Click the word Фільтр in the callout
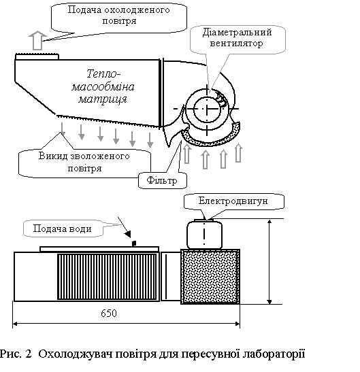[x=162, y=180]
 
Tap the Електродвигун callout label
[x=233, y=201]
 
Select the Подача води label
[x=62, y=229]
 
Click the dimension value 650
[x=109, y=314]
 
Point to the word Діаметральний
[x=237, y=33]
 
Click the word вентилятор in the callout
[x=237, y=44]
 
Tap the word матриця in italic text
[x=103, y=99]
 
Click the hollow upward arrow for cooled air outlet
[x=37, y=40]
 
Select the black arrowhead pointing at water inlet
[x=128, y=235]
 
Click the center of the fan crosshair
[x=207, y=109]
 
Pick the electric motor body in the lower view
[x=204, y=234]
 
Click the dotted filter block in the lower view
[x=210, y=276]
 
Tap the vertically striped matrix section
[x=107, y=277]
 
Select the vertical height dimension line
[x=269, y=261]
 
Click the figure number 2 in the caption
[x=29, y=354]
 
